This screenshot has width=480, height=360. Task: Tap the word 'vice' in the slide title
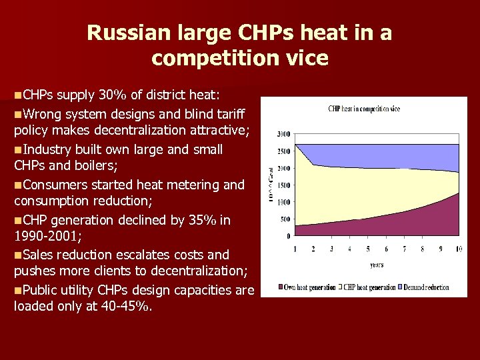[x=307, y=58]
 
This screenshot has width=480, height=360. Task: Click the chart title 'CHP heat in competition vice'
[x=364, y=109]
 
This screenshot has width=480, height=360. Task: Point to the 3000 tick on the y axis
[x=283, y=134]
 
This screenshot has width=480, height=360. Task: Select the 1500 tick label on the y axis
[x=283, y=185]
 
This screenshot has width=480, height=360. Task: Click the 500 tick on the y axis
[x=285, y=219]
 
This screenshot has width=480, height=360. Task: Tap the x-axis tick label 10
[x=458, y=249]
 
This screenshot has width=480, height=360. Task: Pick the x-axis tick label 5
[x=367, y=249]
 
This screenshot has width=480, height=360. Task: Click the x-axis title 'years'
[x=377, y=265]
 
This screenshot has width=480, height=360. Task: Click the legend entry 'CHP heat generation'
[x=369, y=287]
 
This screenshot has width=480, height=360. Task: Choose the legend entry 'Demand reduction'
[x=427, y=287]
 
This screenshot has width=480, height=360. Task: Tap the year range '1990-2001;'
[x=45, y=237]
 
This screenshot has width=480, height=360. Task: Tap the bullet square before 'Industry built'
[x=17, y=149]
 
